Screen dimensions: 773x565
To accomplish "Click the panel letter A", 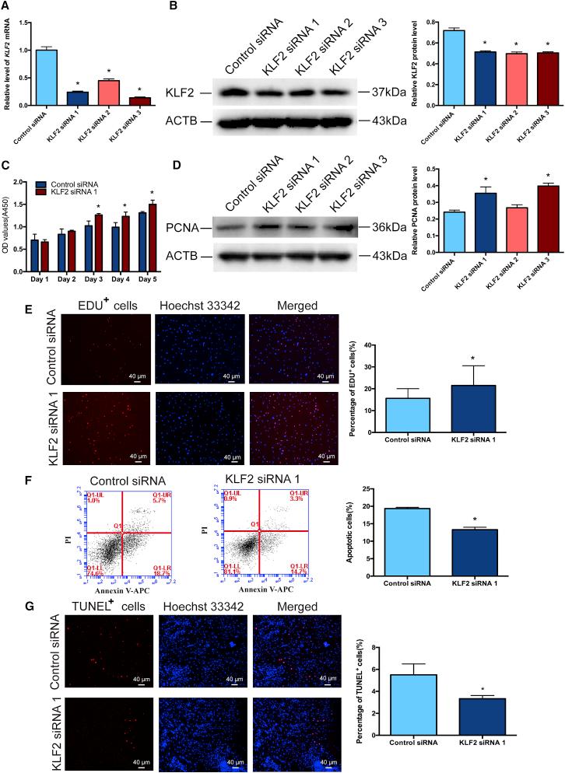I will coord(7,8).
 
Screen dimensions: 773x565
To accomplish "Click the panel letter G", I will coord(7,580).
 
